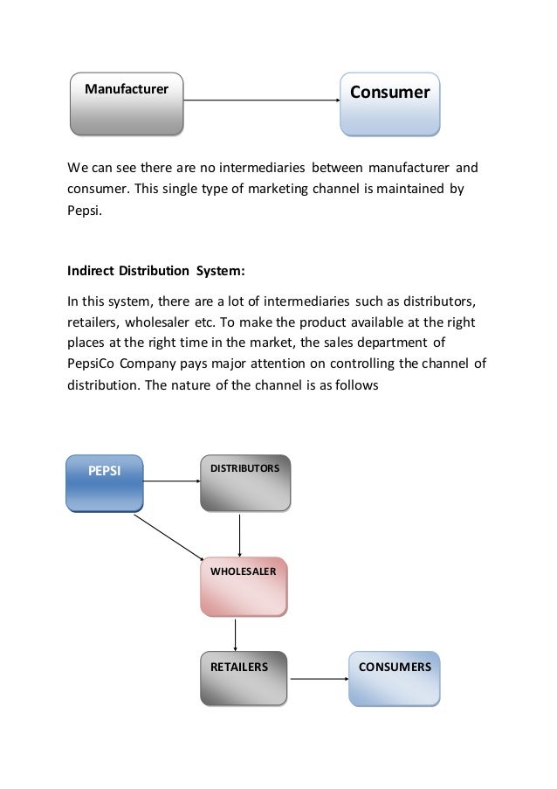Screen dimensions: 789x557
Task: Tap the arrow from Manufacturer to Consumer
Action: point(262,100)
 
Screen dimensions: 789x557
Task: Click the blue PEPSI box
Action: point(104,481)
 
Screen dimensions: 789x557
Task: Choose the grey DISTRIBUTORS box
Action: point(245,481)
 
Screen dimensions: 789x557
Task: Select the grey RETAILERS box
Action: point(244,678)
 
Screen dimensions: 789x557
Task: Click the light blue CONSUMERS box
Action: point(395,678)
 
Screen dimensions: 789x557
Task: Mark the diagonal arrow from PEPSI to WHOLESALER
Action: point(168,536)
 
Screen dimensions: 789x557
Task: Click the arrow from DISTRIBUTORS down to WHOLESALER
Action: point(239,533)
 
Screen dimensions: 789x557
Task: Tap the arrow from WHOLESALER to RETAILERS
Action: point(235,633)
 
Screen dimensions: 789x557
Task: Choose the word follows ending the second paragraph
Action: point(355,382)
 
